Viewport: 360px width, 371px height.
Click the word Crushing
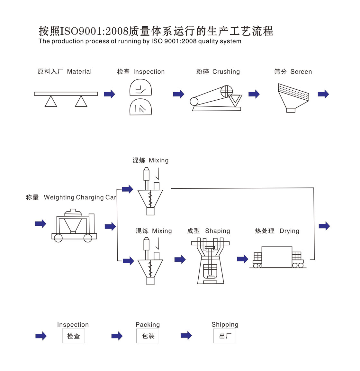[x=226, y=72]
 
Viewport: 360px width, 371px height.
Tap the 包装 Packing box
[x=148, y=336]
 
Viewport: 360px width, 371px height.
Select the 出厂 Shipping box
[x=225, y=336]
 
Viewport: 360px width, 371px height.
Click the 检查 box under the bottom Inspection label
[x=73, y=336]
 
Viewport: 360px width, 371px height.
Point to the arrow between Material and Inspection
[x=109, y=94]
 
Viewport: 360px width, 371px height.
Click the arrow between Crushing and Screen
[x=254, y=94]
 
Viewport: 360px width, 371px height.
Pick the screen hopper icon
[x=293, y=98]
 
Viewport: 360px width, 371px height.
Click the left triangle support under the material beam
[x=51, y=102]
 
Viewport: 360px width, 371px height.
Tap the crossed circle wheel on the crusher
[x=226, y=91]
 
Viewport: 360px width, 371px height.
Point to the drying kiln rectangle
[x=277, y=257]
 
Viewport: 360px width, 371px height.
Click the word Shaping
[x=218, y=231]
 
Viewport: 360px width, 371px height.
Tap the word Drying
[x=289, y=231]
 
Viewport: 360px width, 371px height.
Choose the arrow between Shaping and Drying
[x=243, y=259]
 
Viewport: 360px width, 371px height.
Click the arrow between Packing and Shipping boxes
[x=186, y=336]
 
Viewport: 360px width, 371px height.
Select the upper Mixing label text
[x=158, y=160]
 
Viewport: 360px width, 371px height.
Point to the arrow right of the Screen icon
[x=323, y=94]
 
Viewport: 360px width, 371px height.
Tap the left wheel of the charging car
[x=58, y=238]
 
